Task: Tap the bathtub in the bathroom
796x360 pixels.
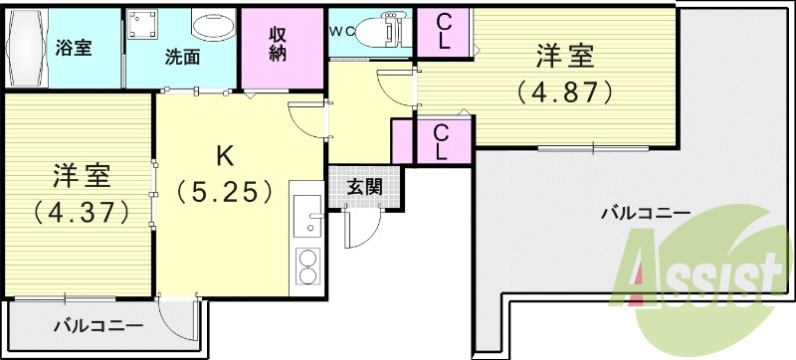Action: click(25, 48)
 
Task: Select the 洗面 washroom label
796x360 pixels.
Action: click(182, 58)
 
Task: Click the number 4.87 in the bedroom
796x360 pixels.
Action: click(562, 91)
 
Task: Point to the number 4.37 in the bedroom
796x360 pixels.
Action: click(80, 211)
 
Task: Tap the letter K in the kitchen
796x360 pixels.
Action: click(225, 155)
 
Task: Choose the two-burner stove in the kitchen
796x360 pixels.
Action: click(307, 266)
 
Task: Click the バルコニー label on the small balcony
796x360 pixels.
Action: click(98, 325)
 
